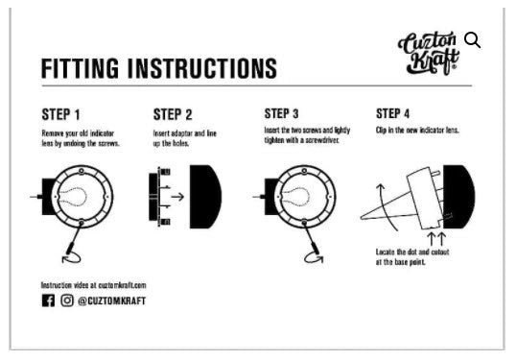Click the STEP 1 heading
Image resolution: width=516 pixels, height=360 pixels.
pos(60,114)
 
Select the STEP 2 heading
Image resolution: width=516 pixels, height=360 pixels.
pos(173,114)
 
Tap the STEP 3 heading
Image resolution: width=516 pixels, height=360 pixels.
pos(281,113)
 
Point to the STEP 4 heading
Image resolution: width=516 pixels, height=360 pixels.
pos(392,113)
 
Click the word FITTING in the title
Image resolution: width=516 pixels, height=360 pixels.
pos(80,68)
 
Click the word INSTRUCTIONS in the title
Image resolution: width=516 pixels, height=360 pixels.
pos(202,68)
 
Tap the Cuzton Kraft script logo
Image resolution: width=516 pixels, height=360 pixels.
pos(429,53)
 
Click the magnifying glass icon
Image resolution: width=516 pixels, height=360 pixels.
pos(472,40)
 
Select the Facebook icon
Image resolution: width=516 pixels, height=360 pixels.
pos(48,300)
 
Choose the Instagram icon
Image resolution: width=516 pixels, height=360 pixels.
pos(67,300)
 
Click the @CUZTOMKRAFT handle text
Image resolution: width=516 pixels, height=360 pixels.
pos(111,301)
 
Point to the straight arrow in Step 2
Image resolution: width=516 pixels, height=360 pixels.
pos(177,197)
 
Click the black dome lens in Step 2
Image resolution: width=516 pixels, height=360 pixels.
pos(205,197)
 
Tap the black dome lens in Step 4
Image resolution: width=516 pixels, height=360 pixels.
pos(458,197)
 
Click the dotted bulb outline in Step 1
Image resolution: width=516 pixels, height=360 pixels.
pos(72,198)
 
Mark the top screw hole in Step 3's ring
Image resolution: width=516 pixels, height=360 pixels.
pos(304,171)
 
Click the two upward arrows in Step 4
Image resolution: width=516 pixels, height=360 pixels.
pos(436,238)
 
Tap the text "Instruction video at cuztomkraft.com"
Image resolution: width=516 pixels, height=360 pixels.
pos(93,285)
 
